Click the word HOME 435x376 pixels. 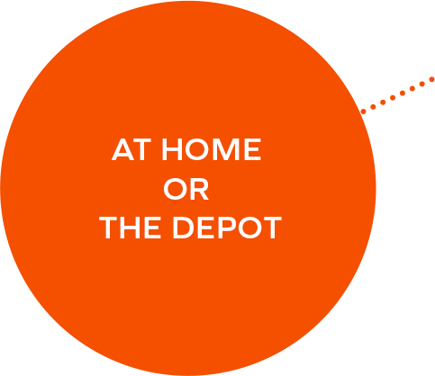click(212, 149)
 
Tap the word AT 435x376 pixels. click(131, 149)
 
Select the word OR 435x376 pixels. click(186, 189)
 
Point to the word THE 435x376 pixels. click(130, 228)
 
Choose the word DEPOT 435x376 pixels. click(227, 228)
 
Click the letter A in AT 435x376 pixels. click(122, 149)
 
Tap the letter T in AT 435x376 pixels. click(141, 149)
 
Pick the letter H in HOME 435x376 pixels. click(172, 149)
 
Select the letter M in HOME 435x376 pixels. click(226, 149)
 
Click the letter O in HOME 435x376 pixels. click(197, 149)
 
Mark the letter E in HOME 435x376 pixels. click(252, 149)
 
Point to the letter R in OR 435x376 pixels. click(200, 189)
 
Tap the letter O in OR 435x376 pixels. click(176, 189)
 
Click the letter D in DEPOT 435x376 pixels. click(183, 228)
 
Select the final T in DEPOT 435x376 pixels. click(272, 228)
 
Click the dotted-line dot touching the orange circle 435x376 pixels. click(363, 112)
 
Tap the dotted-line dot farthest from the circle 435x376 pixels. click(431, 79)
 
